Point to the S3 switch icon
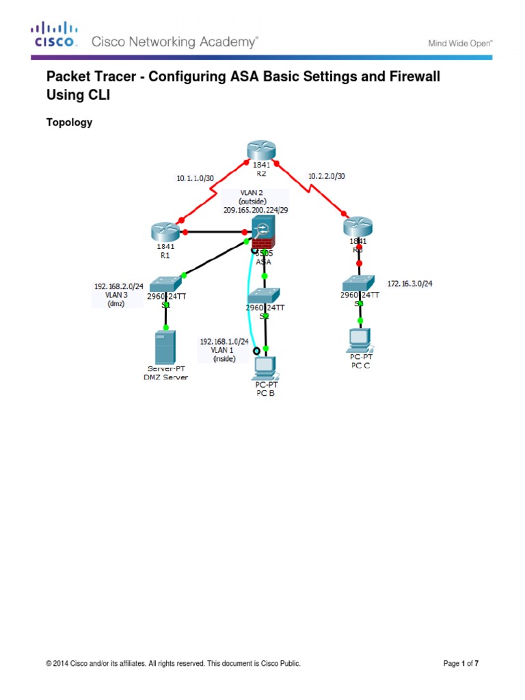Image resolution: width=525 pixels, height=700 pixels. (359, 282)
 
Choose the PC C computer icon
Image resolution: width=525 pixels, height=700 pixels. (360, 340)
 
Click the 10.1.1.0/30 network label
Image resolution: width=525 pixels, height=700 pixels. (194, 178)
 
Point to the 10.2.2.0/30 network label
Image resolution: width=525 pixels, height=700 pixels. (327, 175)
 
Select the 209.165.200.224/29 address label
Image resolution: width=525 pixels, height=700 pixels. (256, 210)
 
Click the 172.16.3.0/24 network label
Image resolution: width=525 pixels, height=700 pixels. (410, 282)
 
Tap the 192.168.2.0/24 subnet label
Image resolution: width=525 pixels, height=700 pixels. (118, 287)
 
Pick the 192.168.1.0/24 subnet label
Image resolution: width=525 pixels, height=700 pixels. (224, 341)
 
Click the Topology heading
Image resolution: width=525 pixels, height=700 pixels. (68, 122)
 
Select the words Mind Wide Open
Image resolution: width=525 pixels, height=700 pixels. (460, 42)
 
